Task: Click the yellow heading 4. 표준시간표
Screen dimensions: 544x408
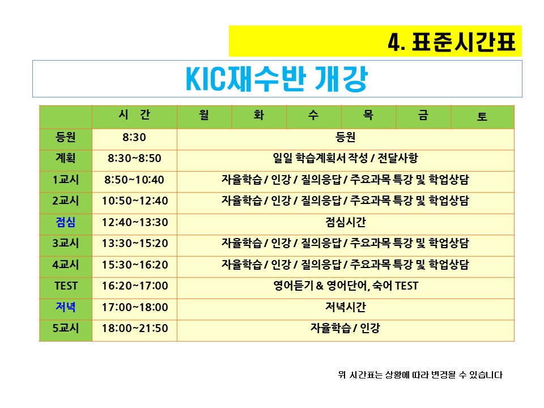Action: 452,42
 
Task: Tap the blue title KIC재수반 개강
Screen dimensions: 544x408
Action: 277,79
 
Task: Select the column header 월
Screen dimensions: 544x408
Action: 204,115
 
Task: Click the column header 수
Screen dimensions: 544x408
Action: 313,115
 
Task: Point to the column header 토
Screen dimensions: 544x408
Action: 482,116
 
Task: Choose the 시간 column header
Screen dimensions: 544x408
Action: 134,114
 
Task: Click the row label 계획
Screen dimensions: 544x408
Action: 66,158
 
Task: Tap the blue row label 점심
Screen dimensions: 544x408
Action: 66,222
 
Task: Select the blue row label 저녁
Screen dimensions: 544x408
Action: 66,307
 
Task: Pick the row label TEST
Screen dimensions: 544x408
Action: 66,286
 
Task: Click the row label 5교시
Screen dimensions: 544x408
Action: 66,328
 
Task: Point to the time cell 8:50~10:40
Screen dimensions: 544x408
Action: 134,180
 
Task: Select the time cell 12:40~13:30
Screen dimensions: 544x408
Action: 135,222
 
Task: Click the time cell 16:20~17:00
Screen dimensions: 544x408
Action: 135,286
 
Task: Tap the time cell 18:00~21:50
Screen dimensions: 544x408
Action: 135,328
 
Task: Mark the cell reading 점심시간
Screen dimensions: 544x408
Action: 346,222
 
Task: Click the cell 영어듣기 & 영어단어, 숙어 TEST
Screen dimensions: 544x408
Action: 346,286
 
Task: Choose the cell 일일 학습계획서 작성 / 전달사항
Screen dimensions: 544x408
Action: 346,158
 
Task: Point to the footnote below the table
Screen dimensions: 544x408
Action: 420,375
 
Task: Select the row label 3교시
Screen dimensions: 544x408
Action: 66,243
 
